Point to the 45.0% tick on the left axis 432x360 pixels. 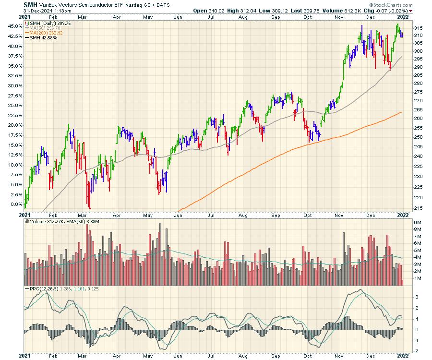tap(14, 26)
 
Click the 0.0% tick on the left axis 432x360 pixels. tap(15, 204)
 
